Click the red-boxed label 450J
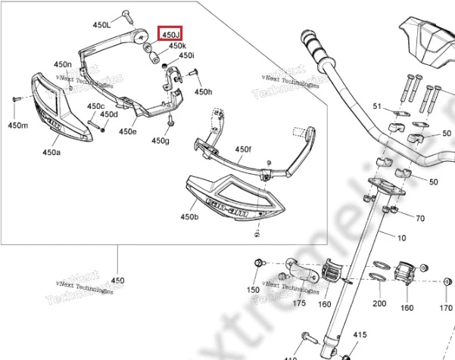pos(170,34)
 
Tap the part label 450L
pos(102,26)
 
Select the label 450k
pos(178,46)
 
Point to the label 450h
pos(204,92)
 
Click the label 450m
pos(17,125)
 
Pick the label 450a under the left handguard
pos(51,153)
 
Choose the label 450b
pos(189,217)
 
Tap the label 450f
pos(243,150)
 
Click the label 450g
pos(160,141)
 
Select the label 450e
pos(128,132)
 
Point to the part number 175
pos(299,303)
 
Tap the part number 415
pos(360,334)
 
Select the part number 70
pos(420,219)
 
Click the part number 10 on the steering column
pos(400,239)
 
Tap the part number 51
pos(377,107)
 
